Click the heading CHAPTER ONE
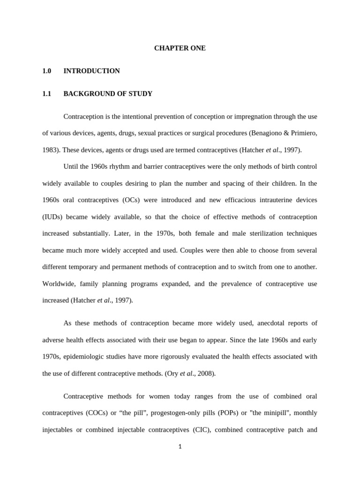[180, 48]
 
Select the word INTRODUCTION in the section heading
[91, 71]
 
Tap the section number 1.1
[46, 94]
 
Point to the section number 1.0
[46, 71]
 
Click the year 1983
[51, 150]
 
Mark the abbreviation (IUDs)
[53, 217]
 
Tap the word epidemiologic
[84, 357]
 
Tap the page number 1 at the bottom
[180, 447]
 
